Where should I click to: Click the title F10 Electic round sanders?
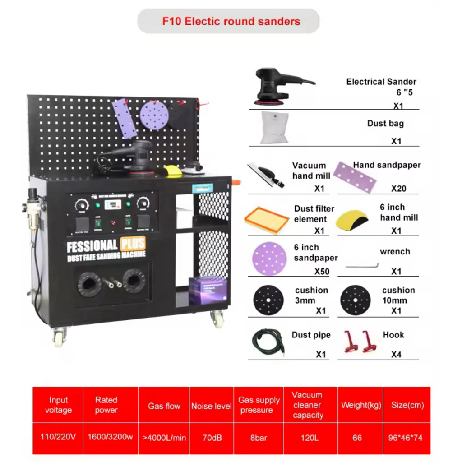click(x=231, y=21)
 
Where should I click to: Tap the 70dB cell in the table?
click(x=211, y=438)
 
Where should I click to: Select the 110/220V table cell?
click(x=58, y=438)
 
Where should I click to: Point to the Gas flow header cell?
click(x=164, y=406)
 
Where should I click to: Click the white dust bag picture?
click(x=274, y=128)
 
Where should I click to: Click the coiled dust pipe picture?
click(x=268, y=343)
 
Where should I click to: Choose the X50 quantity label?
click(x=322, y=272)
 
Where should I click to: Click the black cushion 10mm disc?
click(x=355, y=300)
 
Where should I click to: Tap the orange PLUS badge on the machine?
click(x=133, y=244)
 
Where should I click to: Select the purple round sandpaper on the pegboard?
click(x=154, y=115)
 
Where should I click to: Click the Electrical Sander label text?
click(x=381, y=82)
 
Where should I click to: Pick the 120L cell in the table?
click(x=308, y=438)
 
